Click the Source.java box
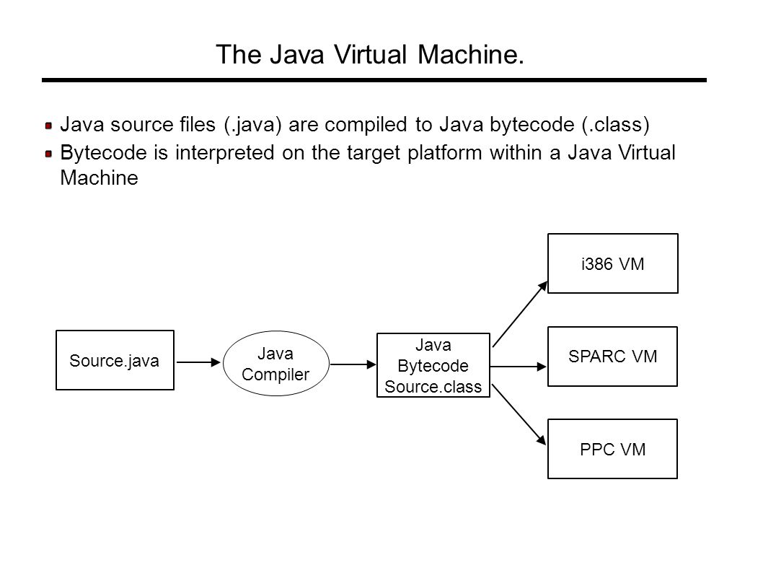[115, 360]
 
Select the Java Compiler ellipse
[276, 363]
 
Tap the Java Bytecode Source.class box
[433, 365]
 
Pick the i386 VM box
[613, 263]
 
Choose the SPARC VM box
[613, 357]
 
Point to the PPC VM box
[613, 449]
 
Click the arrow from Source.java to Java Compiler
[198, 362]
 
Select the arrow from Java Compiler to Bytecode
[353, 364]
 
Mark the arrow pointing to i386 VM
[520, 314]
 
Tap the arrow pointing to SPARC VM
[519, 367]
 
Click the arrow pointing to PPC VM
[519, 414]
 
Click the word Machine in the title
[470, 54]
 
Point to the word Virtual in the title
[370, 54]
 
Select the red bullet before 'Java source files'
[48, 126]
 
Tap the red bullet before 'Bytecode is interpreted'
[48, 154]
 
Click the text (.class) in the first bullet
[616, 125]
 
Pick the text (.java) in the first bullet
[253, 125]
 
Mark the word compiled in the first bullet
[366, 125]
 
